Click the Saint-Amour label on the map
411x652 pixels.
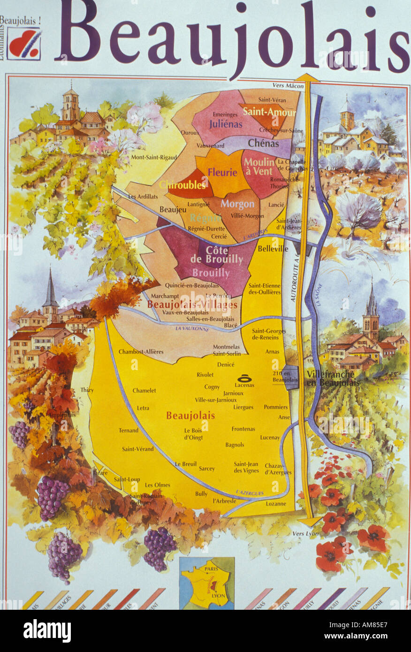point(269,113)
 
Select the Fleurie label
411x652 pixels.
point(222,172)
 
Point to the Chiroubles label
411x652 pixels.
point(183,185)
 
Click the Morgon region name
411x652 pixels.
point(237,204)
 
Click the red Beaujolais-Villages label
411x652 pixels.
point(192,305)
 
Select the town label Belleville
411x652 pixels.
point(273,249)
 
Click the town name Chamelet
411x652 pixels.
point(144,390)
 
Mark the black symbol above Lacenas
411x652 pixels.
point(244,378)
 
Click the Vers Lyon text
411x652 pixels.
point(305,533)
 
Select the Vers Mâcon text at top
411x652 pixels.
point(286,85)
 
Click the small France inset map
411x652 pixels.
point(206,583)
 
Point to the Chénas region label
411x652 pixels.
point(263,143)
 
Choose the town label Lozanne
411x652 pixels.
point(275,504)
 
